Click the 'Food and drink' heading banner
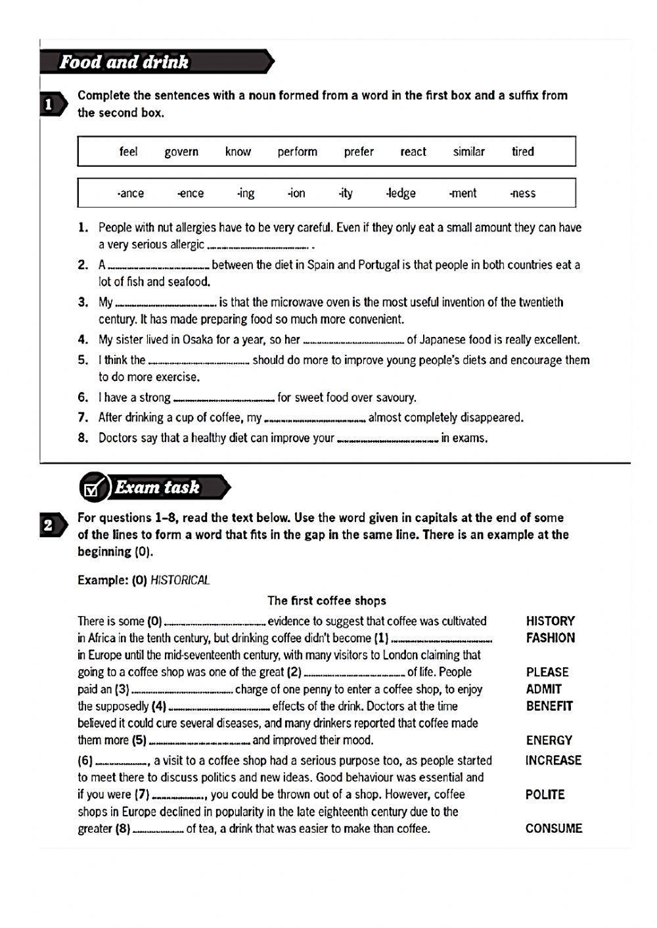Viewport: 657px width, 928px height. point(125,62)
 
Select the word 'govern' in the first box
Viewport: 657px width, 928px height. point(181,152)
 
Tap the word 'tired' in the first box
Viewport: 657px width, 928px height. point(523,152)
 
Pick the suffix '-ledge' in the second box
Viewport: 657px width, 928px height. point(401,193)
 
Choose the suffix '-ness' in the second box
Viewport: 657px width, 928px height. point(522,193)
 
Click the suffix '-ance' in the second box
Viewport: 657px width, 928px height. point(130,193)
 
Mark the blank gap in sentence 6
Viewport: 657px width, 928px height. point(223,399)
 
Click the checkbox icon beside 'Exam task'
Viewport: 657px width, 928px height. point(93,488)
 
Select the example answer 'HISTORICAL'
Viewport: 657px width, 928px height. point(180,580)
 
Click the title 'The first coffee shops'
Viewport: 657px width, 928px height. point(327,600)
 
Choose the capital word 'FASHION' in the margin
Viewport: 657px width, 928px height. point(550,638)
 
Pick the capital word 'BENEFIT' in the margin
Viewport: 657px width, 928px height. point(549,706)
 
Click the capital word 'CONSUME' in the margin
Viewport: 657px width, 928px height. point(553,828)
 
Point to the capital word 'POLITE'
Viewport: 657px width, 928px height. point(545,794)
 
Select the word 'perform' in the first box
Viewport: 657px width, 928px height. point(297,152)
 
